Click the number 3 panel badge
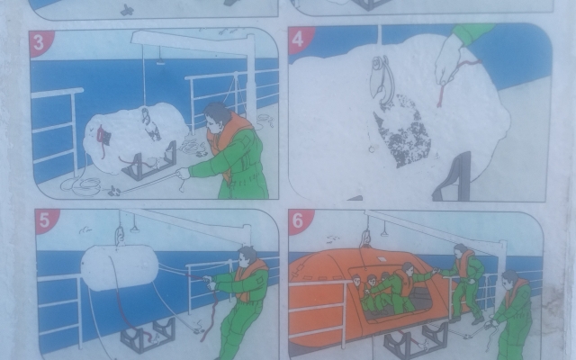point(40,43)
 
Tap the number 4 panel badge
point(298,40)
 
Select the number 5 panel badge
point(45,220)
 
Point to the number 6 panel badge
point(298,220)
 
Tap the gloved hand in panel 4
point(447,62)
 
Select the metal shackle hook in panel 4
point(382,79)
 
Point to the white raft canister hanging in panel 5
point(120,267)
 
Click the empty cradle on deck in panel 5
point(148,334)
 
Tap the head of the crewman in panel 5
point(247,256)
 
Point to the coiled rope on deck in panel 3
point(81,186)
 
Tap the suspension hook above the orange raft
point(366,236)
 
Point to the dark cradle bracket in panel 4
point(454,176)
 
